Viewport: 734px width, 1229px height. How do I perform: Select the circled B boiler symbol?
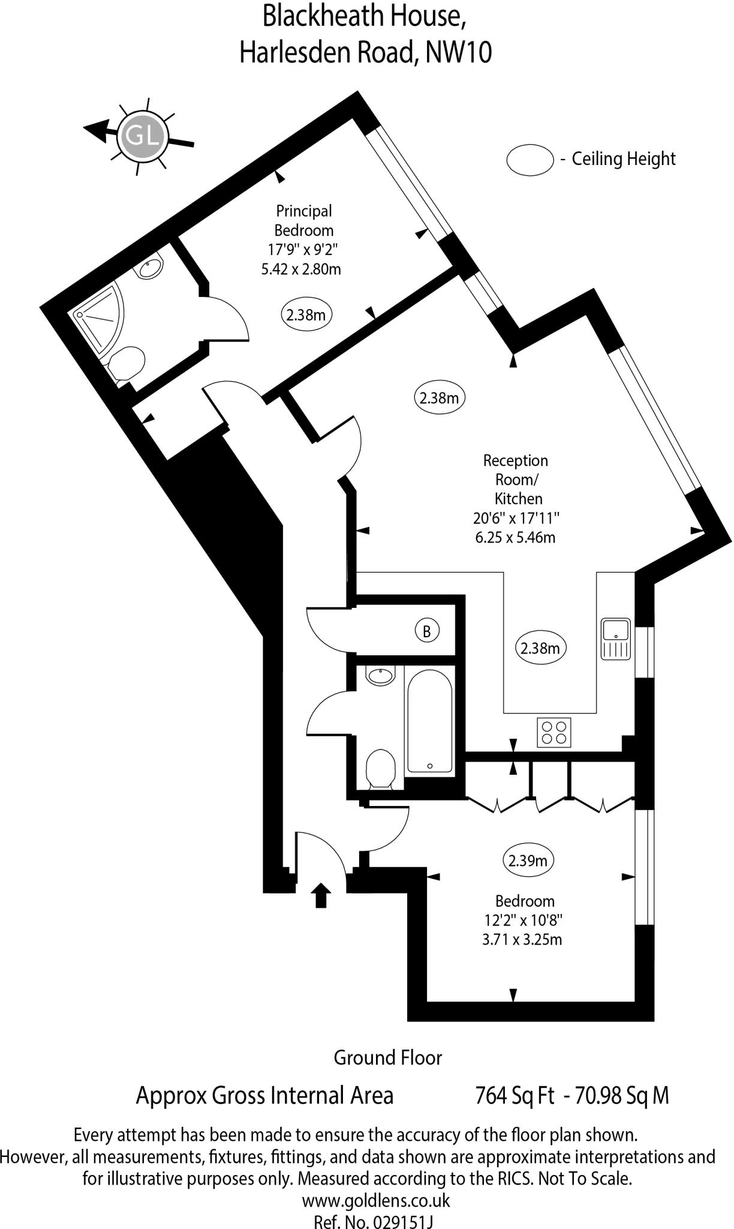click(x=427, y=631)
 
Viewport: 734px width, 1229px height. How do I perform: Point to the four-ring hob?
click(x=554, y=732)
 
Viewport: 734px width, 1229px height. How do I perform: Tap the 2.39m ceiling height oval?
click(x=528, y=861)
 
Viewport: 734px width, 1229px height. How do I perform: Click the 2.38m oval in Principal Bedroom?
click(x=306, y=314)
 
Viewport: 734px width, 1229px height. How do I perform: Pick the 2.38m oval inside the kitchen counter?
click(x=540, y=648)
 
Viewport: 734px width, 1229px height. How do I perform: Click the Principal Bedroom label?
click(x=303, y=220)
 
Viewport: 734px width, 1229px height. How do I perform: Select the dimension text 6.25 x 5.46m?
click(x=515, y=537)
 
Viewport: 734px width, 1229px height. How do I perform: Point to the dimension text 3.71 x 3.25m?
click(x=522, y=939)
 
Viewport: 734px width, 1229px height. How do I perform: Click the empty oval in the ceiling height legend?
click(x=530, y=160)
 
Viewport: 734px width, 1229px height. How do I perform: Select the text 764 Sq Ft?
click(x=514, y=1095)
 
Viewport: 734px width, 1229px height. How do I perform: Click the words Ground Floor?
click(x=388, y=1057)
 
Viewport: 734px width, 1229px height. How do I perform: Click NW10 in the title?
click(x=459, y=53)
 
